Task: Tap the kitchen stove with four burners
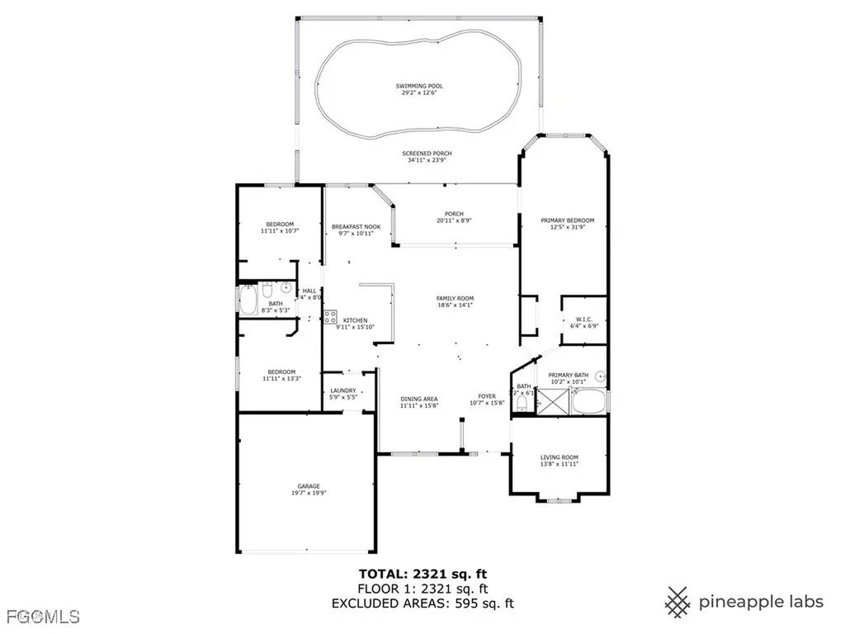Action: pyautogui.click(x=329, y=316)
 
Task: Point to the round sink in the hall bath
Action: pyautogui.click(x=286, y=288)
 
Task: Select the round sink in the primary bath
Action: pyautogui.click(x=602, y=376)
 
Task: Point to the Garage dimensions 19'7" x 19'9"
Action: pyautogui.click(x=309, y=494)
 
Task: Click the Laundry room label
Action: pyautogui.click(x=343, y=390)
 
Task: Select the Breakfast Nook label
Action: pyautogui.click(x=356, y=226)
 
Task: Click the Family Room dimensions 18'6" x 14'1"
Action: pyautogui.click(x=455, y=305)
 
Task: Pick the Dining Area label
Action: pyautogui.click(x=419, y=399)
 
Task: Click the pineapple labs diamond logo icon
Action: pyautogui.click(x=678, y=602)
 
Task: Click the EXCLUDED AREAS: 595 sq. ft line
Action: pyautogui.click(x=422, y=603)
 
